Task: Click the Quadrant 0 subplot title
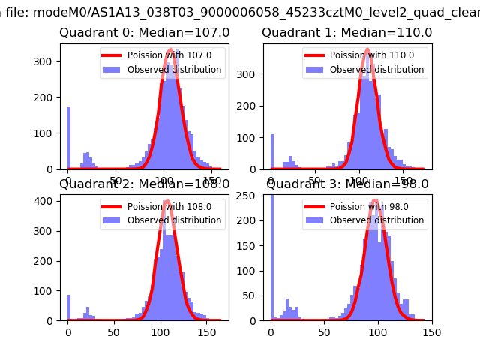145,33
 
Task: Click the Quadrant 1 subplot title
347,33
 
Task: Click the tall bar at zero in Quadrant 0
68,139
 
